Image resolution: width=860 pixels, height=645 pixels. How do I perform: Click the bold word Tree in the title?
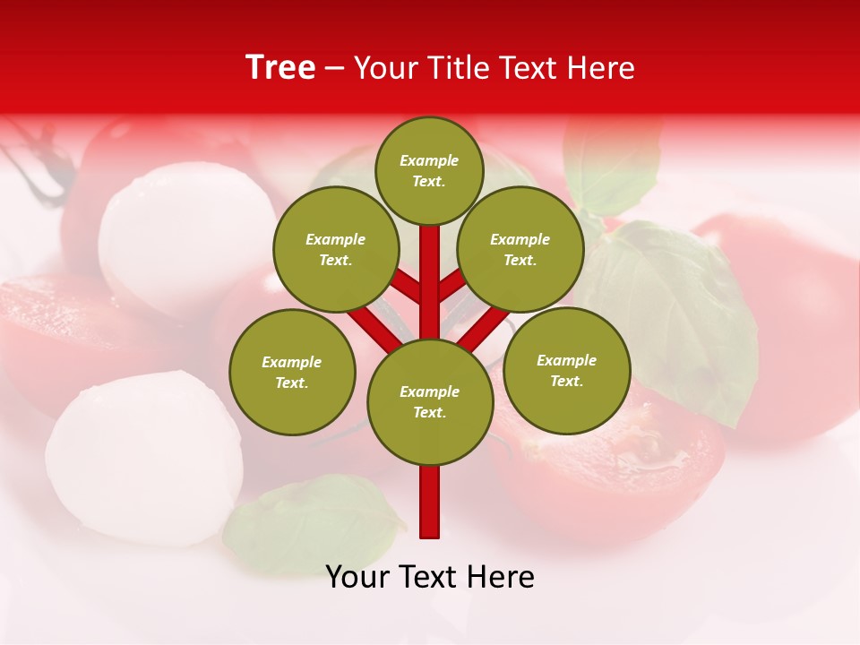[280, 68]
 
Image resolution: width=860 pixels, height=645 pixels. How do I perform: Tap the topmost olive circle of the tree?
[429, 170]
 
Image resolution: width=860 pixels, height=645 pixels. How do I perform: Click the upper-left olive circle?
[336, 250]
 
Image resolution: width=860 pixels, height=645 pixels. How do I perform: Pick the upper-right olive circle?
[520, 250]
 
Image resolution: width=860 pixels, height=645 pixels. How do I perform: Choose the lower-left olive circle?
[292, 372]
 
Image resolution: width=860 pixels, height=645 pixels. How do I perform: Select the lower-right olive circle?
[567, 370]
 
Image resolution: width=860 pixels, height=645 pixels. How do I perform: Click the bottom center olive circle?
[430, 402]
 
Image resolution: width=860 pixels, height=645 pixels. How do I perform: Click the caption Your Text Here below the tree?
[430, 577]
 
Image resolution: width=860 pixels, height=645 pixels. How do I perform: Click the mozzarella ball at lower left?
[143, 448]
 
